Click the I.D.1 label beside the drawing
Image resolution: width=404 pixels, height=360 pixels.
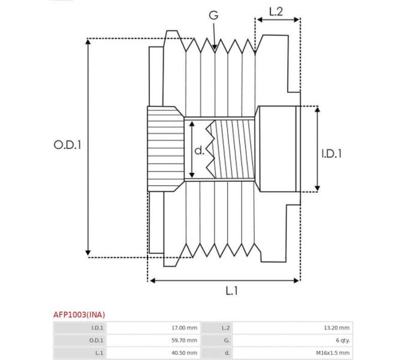331,154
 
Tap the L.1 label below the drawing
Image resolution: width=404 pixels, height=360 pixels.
232,291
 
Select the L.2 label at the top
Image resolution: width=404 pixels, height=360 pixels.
276,11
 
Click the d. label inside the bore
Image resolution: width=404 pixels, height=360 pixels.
199,150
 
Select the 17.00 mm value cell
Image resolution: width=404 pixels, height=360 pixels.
184,328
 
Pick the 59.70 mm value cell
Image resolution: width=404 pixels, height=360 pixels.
184,340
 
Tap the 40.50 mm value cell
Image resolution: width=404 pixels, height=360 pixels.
184,353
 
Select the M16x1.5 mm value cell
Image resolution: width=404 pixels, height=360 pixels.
333,353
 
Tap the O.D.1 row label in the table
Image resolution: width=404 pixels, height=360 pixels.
96,340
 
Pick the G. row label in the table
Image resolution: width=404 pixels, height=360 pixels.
226,340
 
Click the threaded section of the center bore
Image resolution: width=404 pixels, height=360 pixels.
234,149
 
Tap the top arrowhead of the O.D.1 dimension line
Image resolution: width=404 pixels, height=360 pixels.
89,43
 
